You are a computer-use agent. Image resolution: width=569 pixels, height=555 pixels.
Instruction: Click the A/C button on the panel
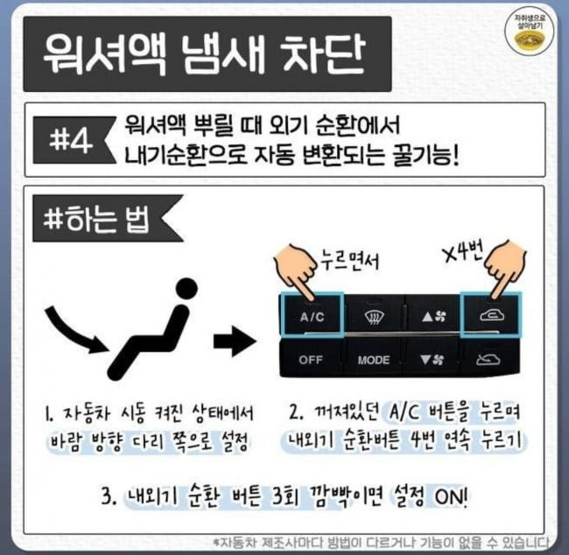click(313, 315)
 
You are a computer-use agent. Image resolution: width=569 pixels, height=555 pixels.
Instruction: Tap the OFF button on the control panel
click(311, 360)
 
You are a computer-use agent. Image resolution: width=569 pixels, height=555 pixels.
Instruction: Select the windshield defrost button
click(374, 317)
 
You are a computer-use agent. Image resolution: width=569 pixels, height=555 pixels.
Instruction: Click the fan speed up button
click(434, 317)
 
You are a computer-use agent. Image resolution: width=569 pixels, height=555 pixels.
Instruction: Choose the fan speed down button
click(432, 360)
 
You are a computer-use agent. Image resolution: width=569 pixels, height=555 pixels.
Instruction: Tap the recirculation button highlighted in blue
click(491, 315)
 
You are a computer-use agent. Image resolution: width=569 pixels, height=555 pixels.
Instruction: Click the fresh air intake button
click(488, 360)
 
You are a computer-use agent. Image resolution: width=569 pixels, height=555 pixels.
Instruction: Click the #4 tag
click(73, 140)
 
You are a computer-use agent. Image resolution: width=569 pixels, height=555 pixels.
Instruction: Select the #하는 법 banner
click(108, 219)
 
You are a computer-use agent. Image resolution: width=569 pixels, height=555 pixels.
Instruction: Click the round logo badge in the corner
click(530, 33)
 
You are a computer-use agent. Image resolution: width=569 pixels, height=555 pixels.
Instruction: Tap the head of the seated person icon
click(186, 289)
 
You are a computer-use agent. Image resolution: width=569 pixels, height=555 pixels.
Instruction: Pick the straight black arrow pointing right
click(235, 342)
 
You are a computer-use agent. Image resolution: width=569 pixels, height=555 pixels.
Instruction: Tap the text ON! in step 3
click(451, 495)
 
